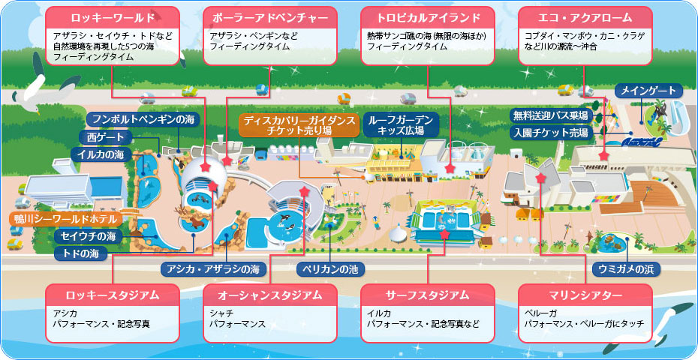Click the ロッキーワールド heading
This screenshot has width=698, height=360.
point(112,16)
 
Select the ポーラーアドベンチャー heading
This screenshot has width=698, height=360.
point(269,16)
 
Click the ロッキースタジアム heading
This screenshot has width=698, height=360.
point(112,295)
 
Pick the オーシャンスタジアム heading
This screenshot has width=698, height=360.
point(269,295)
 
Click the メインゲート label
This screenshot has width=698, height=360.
point(649,91)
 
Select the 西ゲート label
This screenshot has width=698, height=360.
point(106,137)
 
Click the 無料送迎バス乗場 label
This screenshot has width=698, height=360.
point(550,115)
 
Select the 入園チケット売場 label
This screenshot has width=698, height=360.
point(550,132)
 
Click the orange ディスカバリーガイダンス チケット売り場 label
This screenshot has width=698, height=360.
point(298,124)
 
